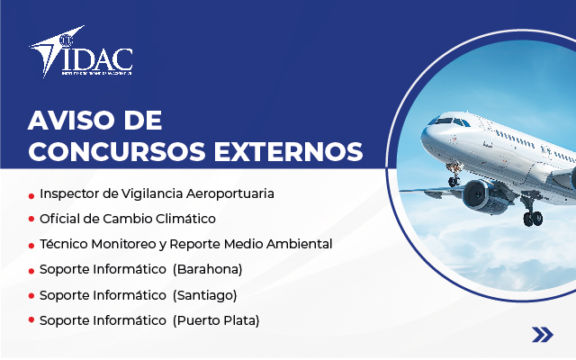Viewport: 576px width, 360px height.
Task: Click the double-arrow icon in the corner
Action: pyautogui.click(x=542, y=335)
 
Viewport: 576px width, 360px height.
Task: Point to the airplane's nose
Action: pyautogui.click(x=428, y=136)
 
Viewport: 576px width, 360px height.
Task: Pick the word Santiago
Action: pyautogui.click(x=207, y=294)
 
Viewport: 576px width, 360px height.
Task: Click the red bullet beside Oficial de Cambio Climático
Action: pyautogui.click(x=31, y=220)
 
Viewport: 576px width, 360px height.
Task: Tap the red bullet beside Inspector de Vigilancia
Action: pyautogui.click(x=31, y=194)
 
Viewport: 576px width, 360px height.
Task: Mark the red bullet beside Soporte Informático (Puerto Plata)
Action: pyautogui.click(x=31, y=320)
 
